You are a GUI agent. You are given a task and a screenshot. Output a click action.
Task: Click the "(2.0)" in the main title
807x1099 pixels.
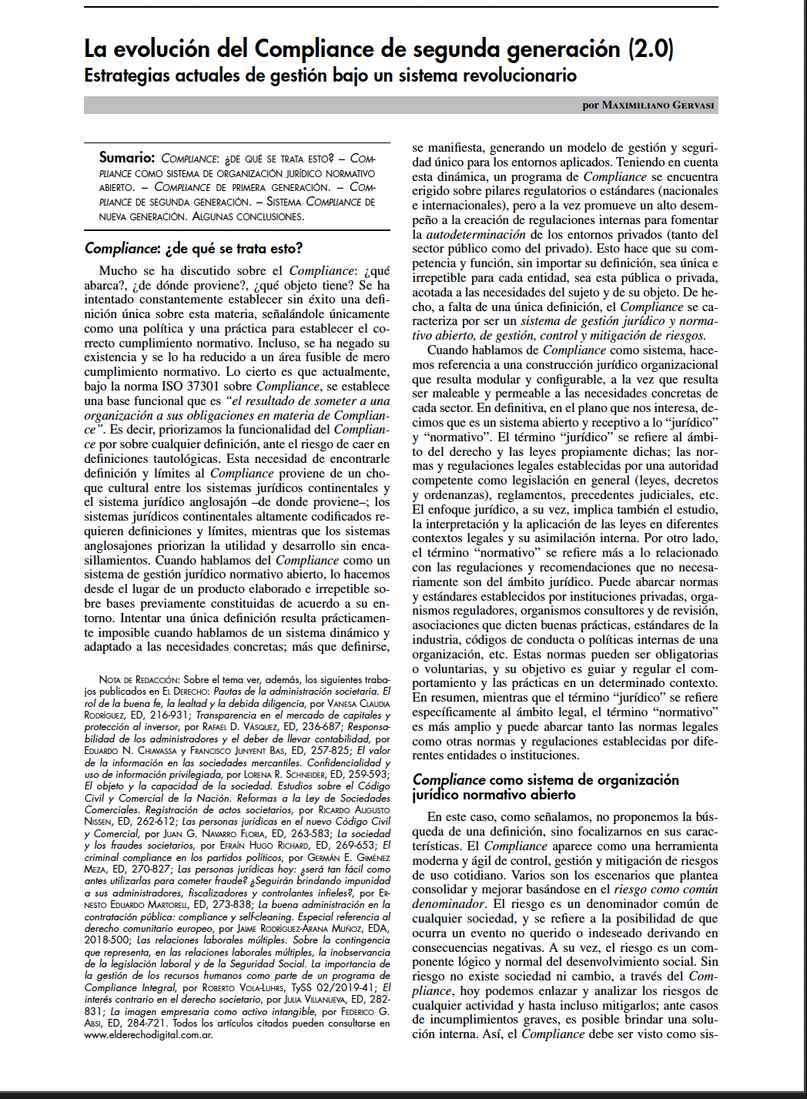[651, 49]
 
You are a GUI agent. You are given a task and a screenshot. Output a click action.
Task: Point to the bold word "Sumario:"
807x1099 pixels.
[127, 158]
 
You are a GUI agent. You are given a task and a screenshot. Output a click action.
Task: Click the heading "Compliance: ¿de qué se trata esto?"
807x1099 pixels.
[193, 248]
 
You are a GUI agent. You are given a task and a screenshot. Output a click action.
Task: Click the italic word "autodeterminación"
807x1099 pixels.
[476, 234]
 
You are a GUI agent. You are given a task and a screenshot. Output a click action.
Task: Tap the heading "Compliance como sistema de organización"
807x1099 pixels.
[545, 779]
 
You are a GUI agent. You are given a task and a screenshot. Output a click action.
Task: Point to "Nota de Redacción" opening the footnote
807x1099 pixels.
[139, 679]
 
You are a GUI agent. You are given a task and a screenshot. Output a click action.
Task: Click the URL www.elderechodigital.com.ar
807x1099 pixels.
[149, 1034]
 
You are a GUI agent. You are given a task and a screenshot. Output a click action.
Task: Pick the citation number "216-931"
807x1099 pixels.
[168, 715]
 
